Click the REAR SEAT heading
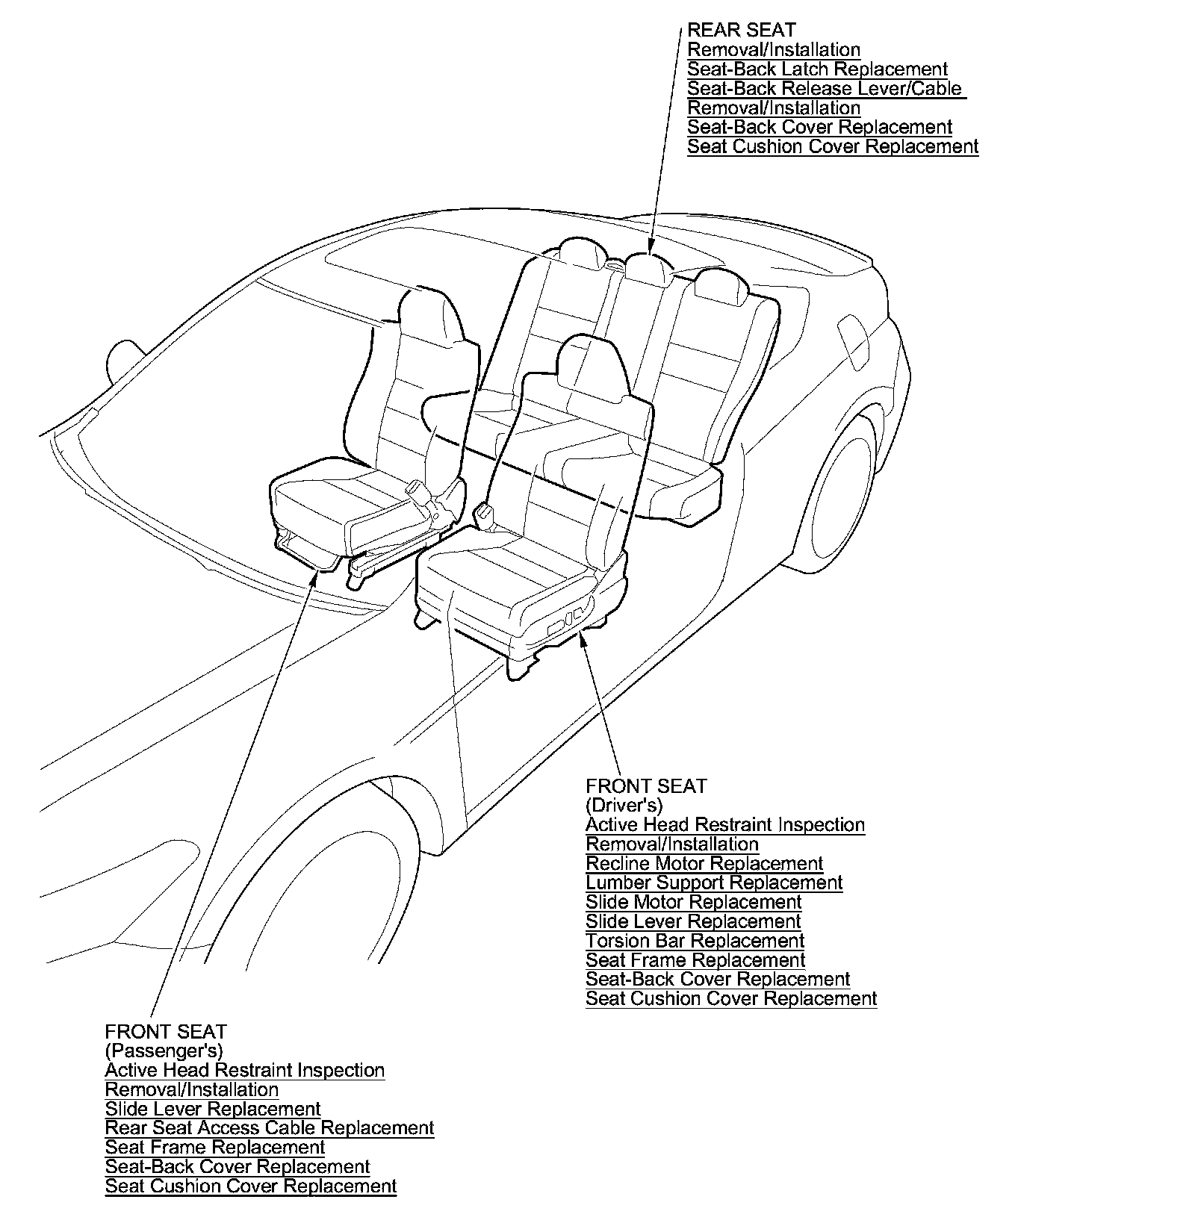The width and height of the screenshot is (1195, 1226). click(741, 31)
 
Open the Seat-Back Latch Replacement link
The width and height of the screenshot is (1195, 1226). click(817, 69)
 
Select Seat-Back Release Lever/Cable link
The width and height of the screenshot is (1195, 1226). click(825, 89)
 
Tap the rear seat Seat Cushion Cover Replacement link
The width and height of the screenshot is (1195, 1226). click(832, 147)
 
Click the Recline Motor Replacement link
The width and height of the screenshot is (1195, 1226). click(704, 864)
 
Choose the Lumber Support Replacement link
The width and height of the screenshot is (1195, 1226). click(713, 883)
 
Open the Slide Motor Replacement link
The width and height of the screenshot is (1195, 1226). click(693, 903)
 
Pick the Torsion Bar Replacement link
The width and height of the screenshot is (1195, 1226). click(695, 942)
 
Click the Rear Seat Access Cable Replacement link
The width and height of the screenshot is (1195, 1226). click(269, 1128)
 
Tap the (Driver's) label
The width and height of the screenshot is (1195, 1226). click(624, 806)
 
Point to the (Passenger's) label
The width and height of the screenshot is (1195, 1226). click(164, 1051)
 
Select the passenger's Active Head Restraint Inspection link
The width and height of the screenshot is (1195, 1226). click(244, 1071)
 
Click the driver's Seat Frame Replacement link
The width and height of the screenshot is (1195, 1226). click(695, 961)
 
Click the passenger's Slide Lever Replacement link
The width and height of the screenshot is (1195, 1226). click(212, 1109)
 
